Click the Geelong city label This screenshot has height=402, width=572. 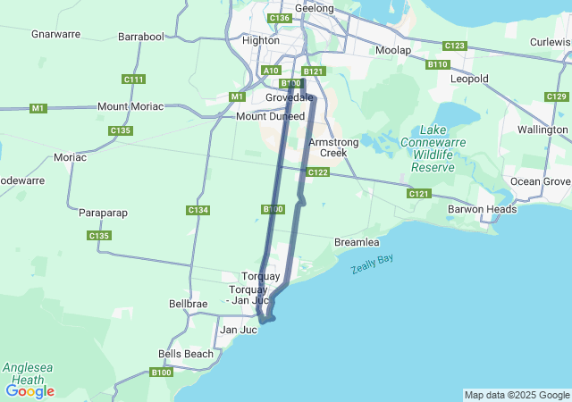click(x=314, y=8)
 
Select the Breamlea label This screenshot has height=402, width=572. click(x=357, y=242)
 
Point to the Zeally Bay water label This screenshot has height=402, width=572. click(x=372, y=264)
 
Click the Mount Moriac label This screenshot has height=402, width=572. click(x=130, y=106)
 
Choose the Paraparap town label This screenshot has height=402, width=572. click(x=105, y=214)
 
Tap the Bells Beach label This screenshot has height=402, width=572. click(x=186, y=354)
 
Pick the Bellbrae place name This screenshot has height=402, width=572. click(x=188, y=304)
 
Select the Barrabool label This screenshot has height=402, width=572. click(x=141, y=37)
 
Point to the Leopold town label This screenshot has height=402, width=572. click(x=469, y=79)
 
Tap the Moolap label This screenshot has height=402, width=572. click(x=393, y=50)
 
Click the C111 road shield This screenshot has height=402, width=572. click(x=134, y=80)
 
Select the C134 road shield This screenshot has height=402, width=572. click(x=198, y=210)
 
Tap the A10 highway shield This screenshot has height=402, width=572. click(x=271, y=70)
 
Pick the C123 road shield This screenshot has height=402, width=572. click(x=455, y=46)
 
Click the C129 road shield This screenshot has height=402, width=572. click(x=556, y=96)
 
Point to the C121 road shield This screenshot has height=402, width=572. click(x=418, y=194)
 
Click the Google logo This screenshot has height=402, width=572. click(x=29, y=390)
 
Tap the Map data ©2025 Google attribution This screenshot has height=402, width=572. click(x=517, y=395)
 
